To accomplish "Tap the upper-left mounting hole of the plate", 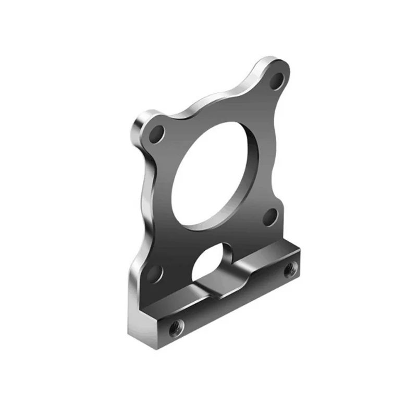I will (156, 133).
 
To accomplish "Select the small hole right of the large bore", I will (269, 216).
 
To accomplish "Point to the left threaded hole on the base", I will (176, 327).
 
